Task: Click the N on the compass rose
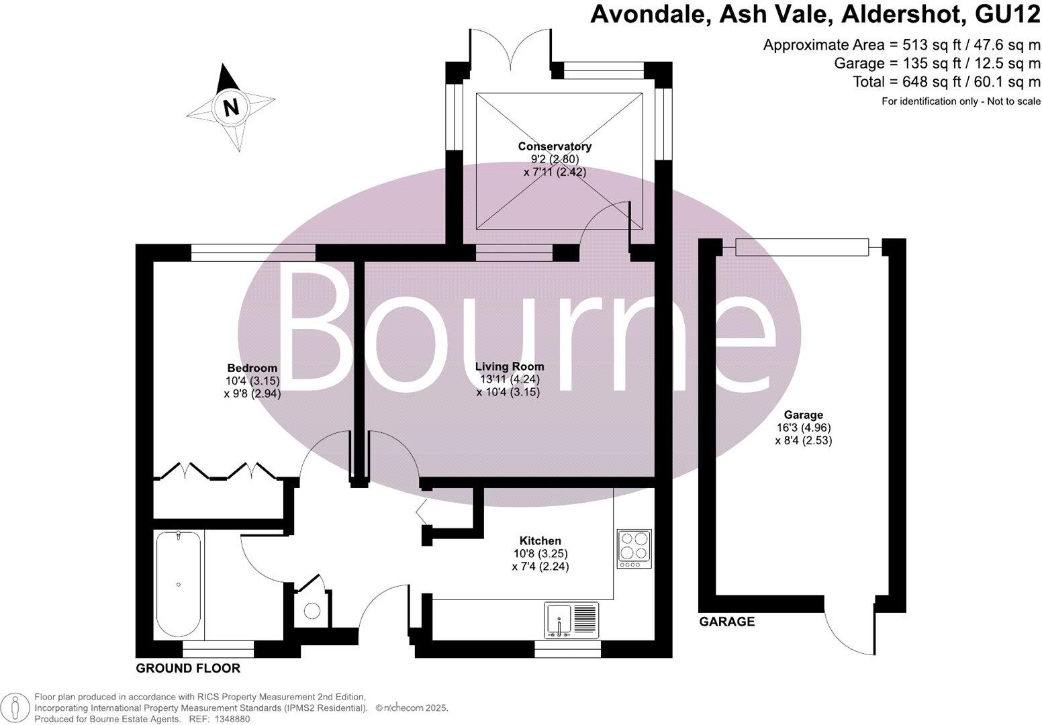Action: [x=231, y=107]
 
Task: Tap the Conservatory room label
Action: [x=555, y=146]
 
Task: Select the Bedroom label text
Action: [x=252, y=368]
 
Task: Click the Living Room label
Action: [x=510, y=367]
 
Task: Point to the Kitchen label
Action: [x=540, y=541]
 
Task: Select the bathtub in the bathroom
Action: [x=178, y=584]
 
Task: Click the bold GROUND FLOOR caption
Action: [x=188, y=669]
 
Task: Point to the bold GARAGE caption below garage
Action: [x=727, y=622]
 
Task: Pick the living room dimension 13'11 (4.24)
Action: [x=510, y=379]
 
